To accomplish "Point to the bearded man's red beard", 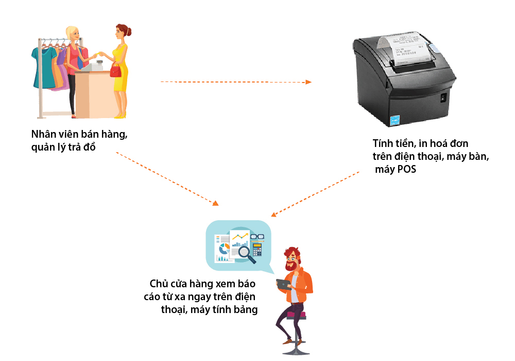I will (291, 267).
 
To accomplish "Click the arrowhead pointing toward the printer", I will (308, 82).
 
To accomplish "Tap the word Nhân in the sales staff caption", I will (44, 134).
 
